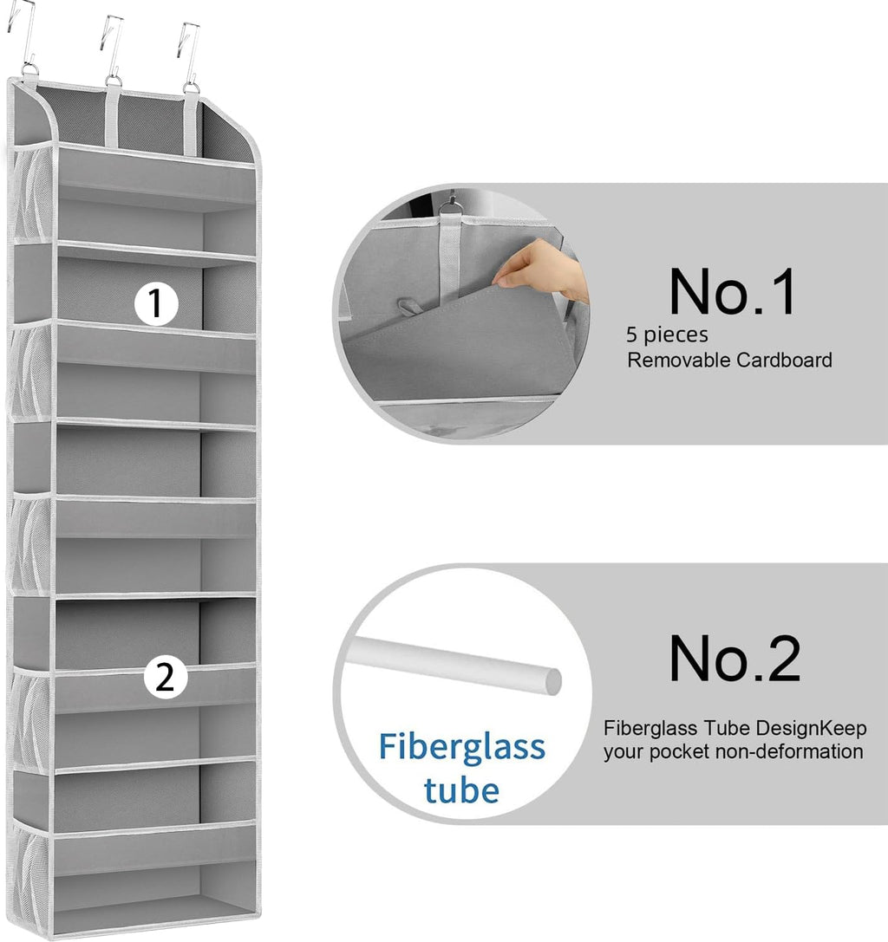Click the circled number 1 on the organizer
156,303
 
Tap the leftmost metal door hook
24,35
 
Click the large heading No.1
732,291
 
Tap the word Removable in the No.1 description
679,360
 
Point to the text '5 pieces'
667,335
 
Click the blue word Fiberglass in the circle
461,746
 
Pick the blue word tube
461,790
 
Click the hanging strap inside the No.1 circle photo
449,252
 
